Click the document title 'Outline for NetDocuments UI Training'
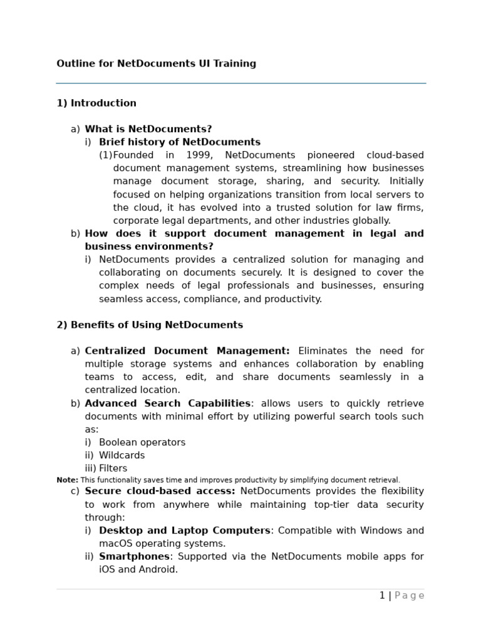[156, 63]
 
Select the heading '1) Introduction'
[96, 103]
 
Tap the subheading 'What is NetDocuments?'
[148, 129]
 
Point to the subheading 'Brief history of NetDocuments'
[179, 142]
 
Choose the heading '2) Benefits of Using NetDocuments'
[150, 325]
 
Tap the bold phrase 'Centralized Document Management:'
[187, 351]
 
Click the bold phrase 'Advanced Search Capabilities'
[167, 403]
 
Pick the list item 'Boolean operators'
[142, 442]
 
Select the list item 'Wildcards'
[122, 455]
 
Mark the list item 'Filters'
[113, 468]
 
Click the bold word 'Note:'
[67, 480]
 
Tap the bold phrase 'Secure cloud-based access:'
[160, 491]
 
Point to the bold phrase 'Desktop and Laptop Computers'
[184, 530]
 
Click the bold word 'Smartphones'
[134, 556]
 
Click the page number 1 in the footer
[382, 596]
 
